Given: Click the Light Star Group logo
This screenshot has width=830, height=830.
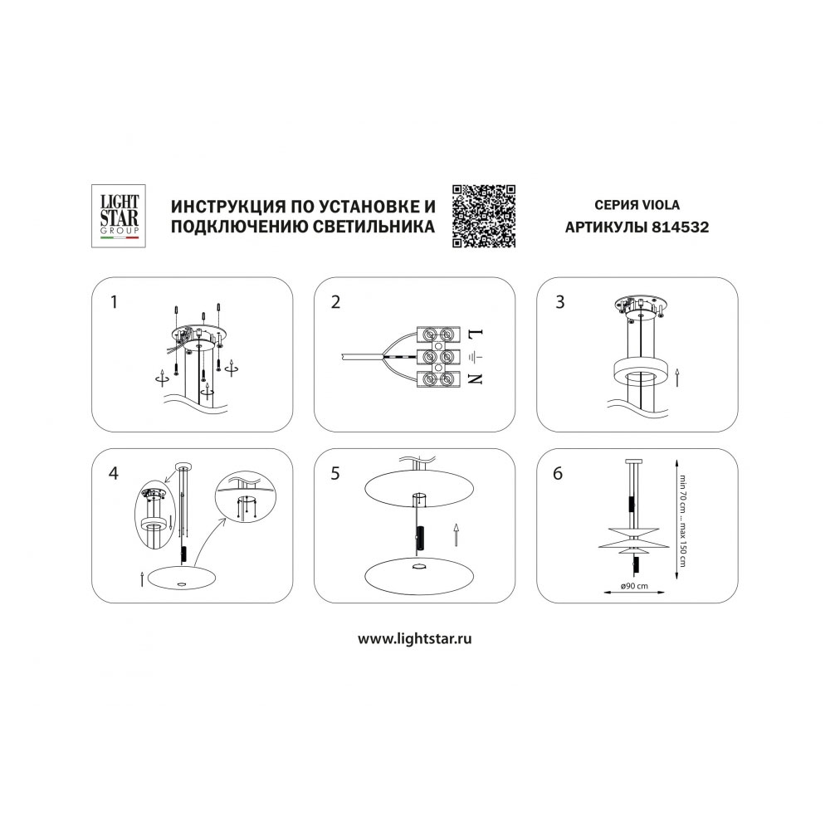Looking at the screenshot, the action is click(119, 216).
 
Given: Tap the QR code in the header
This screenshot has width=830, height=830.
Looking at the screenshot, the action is click(484, 216).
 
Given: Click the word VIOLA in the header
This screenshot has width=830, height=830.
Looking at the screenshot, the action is click(662, 205).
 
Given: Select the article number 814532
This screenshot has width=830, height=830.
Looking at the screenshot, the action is click(681, 227).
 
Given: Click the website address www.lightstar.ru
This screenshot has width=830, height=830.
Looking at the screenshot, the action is click(414, 639).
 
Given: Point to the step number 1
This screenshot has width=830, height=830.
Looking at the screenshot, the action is click(114, 302).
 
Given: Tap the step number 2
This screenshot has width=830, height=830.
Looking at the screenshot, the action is click(335, 302).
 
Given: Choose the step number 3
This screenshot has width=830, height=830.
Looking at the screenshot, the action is click(560, 302).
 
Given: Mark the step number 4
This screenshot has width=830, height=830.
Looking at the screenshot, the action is click(113, 473).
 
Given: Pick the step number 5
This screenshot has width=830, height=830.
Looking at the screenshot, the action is click(335, 473).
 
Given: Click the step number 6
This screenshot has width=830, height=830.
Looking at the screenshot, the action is click(558, 473).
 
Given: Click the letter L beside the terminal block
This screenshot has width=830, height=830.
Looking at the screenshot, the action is click(476, 334).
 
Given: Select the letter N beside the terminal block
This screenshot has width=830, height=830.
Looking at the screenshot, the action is click(476, 379).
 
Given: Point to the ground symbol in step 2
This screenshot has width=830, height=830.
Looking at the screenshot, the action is click(476, 357).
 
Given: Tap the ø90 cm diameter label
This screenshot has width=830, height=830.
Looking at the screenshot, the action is click(634, 586).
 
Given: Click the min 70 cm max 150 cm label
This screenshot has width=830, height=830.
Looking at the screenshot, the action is click(683, 520).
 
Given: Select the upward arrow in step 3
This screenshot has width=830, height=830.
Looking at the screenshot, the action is click(677, 378).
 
